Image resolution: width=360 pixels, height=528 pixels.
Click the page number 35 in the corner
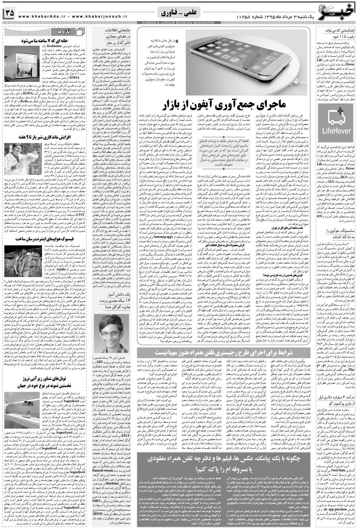[9, 13]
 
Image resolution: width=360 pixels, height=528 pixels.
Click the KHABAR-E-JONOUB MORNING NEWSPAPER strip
[178, 23]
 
